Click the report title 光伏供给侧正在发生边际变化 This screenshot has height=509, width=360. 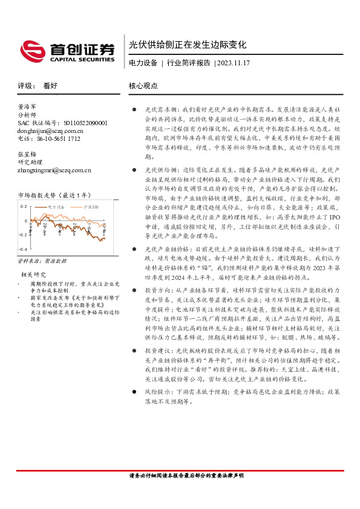pos(188,44)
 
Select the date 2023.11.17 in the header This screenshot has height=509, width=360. pos(234,63)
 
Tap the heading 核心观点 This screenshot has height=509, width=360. pos(143,86)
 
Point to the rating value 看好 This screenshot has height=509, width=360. pos(50,86)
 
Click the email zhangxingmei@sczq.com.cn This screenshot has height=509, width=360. pos(54,170)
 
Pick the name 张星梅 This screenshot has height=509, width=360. pos(28,154)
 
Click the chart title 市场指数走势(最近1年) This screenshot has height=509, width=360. pos(54,195)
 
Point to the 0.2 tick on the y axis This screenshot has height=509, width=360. pos(23,206)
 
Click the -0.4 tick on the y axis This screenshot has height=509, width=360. pos(22,249)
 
